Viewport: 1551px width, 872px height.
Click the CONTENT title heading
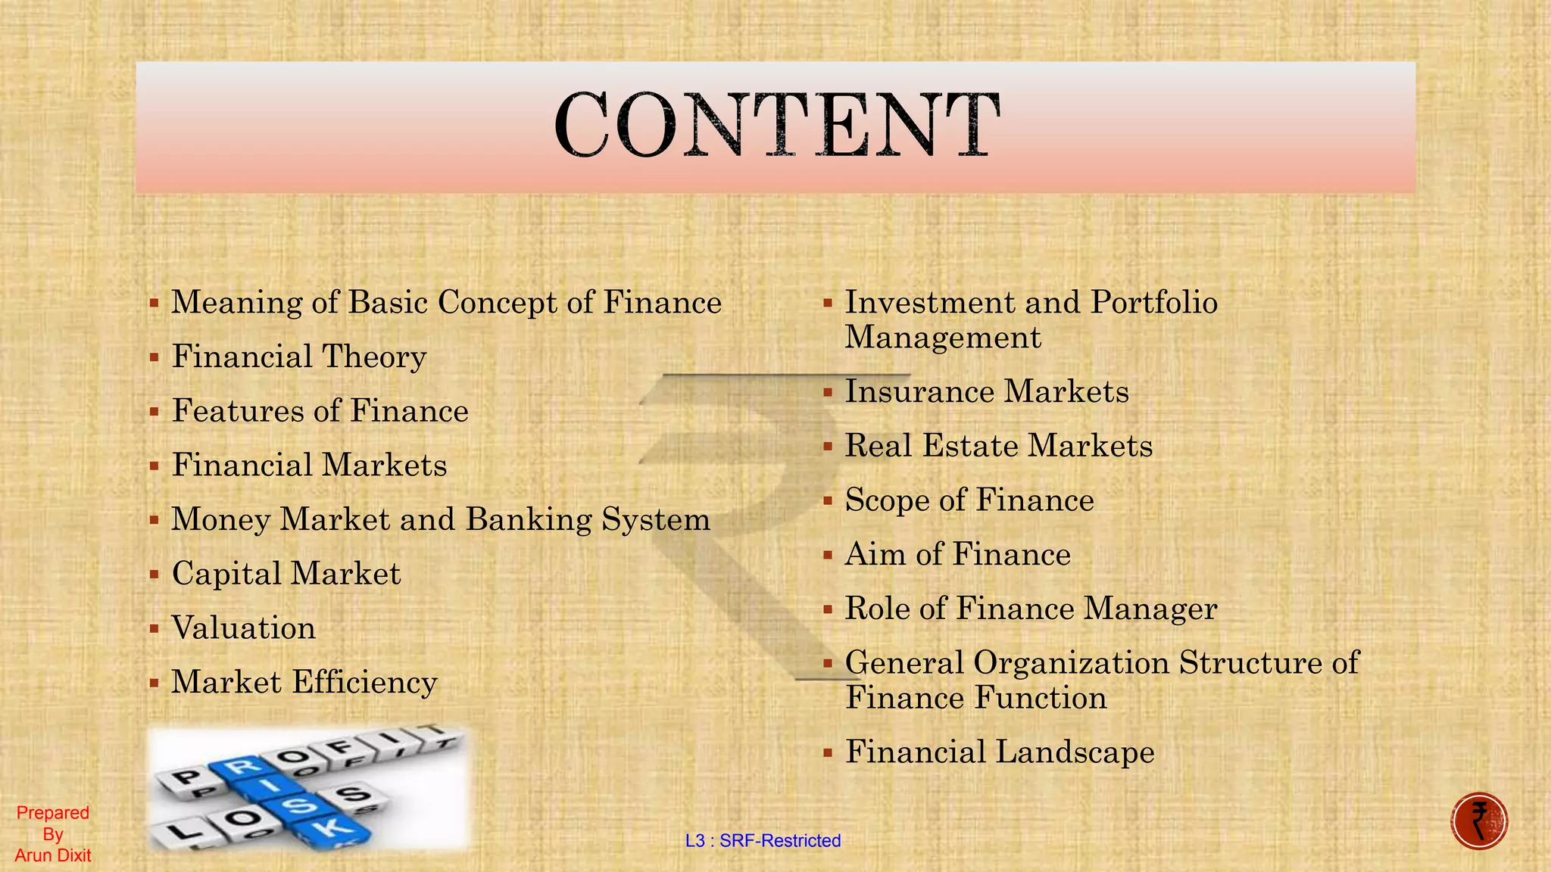click(776, 125)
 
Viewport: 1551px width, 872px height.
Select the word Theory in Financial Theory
click(374, 357)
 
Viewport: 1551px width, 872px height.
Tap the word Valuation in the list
click(243, 628)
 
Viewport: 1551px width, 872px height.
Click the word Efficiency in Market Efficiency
click(364, 683)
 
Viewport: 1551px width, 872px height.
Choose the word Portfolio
click(1153, 303)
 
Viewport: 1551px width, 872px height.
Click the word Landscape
click(1075, 752)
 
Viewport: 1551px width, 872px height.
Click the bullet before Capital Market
click(154, 574)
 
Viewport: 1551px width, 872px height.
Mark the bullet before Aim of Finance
click(827, 555)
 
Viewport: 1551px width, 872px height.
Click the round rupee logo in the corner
click(1479, 821)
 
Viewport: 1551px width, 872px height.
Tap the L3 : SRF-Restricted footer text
click(763, 841)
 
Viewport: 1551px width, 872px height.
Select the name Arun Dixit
click(53, 856)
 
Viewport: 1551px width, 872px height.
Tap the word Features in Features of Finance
click(238, 412)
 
